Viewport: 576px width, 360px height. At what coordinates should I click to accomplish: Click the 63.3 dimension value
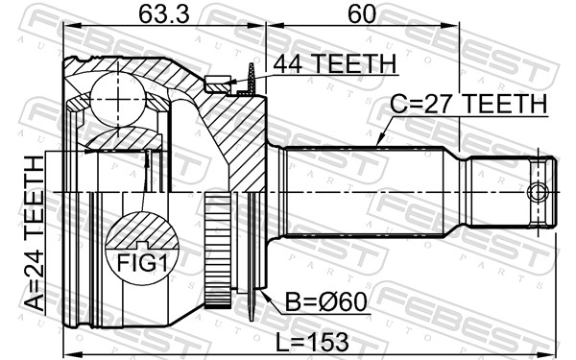[164, 14]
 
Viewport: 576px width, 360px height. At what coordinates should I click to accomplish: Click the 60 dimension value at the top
[362, 14]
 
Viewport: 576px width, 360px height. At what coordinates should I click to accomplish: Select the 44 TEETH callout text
[335, 64]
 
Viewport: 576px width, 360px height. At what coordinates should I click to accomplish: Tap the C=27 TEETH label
[468, 104]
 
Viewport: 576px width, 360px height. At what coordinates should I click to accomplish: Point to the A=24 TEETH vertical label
[35, 233]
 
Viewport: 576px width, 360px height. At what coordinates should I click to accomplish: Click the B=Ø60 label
[326, 302]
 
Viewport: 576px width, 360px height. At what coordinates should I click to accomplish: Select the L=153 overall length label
[312, 342]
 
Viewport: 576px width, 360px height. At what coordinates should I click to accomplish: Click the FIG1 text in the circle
[142, 263]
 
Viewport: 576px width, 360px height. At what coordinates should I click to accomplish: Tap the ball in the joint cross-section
[117, 99]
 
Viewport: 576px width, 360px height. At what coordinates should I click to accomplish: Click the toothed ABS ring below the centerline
[218, 250]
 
